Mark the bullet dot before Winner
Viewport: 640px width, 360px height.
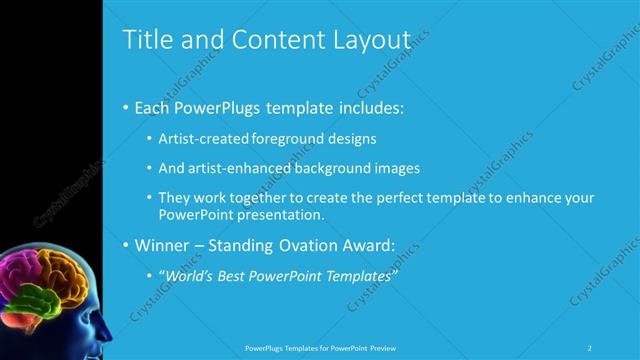(x=125, y=244)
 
